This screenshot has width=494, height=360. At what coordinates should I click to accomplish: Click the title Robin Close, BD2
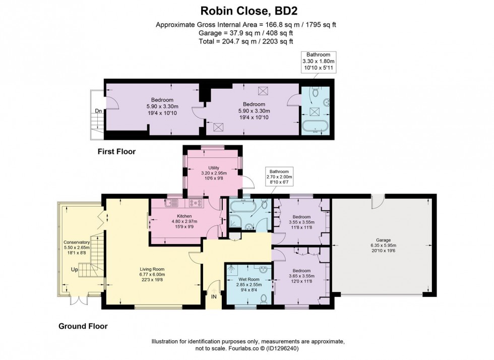pos(246,11)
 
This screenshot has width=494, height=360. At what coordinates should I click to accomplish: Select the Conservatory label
pos(76,242)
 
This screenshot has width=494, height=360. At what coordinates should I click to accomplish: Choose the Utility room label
pos(214,168)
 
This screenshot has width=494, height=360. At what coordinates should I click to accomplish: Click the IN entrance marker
pos(214,296)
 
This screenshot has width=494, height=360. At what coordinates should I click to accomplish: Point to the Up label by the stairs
pos(75,270)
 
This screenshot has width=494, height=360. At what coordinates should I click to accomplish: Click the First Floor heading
pos(117,151)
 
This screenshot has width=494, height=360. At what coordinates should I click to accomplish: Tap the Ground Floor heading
pos(83,326)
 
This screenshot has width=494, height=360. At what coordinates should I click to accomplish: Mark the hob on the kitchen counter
pos(196,203)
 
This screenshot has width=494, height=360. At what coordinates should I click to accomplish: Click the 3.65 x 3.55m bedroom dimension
pos(301,276)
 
